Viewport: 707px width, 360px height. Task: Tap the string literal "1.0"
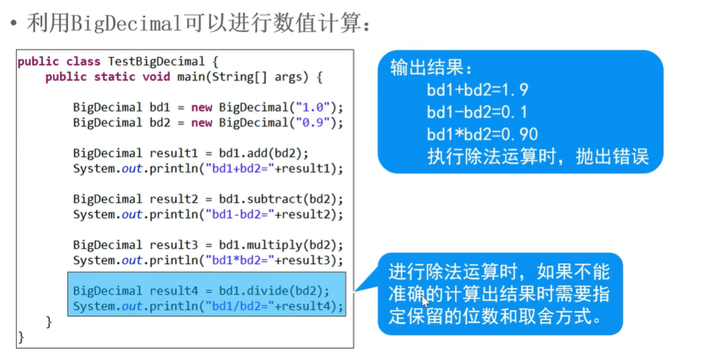[x=312, y=107]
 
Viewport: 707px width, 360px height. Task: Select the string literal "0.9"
[x=312, y=123]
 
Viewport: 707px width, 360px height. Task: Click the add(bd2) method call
[x=281, y=153]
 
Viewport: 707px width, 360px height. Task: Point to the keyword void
[x=157, y=77]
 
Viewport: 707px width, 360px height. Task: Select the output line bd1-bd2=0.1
[x=477, y=112]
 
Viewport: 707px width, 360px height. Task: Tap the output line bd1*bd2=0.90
[x=482, y=134]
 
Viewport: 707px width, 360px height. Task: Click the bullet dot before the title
[x=13, y=24]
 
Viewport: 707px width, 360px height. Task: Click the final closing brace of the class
[x=21, y=337]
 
